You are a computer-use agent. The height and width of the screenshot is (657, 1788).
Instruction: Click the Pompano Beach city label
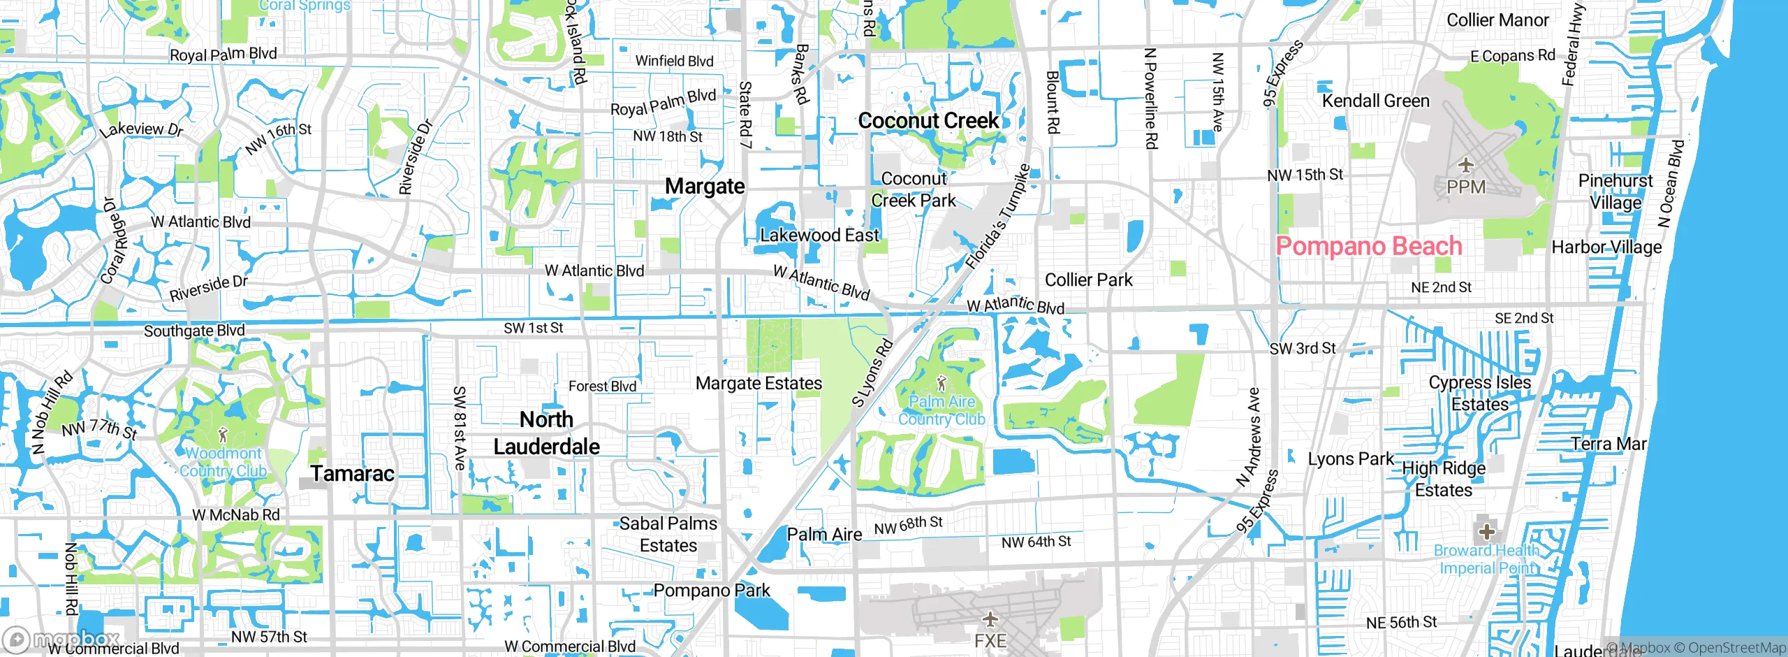pyautogui.click(x=1368, y=246)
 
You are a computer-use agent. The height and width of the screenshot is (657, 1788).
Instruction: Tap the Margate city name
pyautogui.click(x=704, y=187)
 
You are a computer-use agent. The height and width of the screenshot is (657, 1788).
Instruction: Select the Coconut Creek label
pyautogui.click(x=928, y=121)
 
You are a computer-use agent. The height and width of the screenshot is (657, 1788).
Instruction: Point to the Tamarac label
pyautogui.click(x=353, y=474)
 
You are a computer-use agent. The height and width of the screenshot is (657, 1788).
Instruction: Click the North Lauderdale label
pyautogui.click(x=546, y=433)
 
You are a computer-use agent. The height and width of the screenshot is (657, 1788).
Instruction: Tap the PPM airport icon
pyautogui.click(x=1465, y=166)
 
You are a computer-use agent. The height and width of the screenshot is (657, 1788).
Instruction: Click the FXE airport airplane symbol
pyautogui.click(x=990, y=619)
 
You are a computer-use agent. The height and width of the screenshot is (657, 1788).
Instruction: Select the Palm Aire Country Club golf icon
pyautogui.click(x=941, y=382)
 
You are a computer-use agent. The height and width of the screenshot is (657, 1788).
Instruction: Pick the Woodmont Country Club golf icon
pyautogui.click(x=223, y=435)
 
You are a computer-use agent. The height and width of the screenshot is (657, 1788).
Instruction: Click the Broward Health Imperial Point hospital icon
pyautogui.click(x=1486, y=531)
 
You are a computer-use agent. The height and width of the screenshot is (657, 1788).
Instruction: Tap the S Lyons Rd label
pyautogui.click(x=872, y=373)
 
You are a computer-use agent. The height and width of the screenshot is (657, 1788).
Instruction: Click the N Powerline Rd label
pyautogui.click(x=1150, y=98)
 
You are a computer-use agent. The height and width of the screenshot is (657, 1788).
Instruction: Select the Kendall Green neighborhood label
pyautogui.click(x=1375, y=101)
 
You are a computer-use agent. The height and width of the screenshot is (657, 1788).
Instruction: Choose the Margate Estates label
pyautogui.click(x=759, y=383)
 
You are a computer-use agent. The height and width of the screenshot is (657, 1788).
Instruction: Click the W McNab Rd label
pyautogui.click(x=236, y=515)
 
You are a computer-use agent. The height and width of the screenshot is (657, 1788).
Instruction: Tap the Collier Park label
pyautogui.click(x=1088, y=280)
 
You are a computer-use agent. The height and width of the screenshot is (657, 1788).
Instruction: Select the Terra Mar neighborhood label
pyautogui.click(x=1609, y=444)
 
